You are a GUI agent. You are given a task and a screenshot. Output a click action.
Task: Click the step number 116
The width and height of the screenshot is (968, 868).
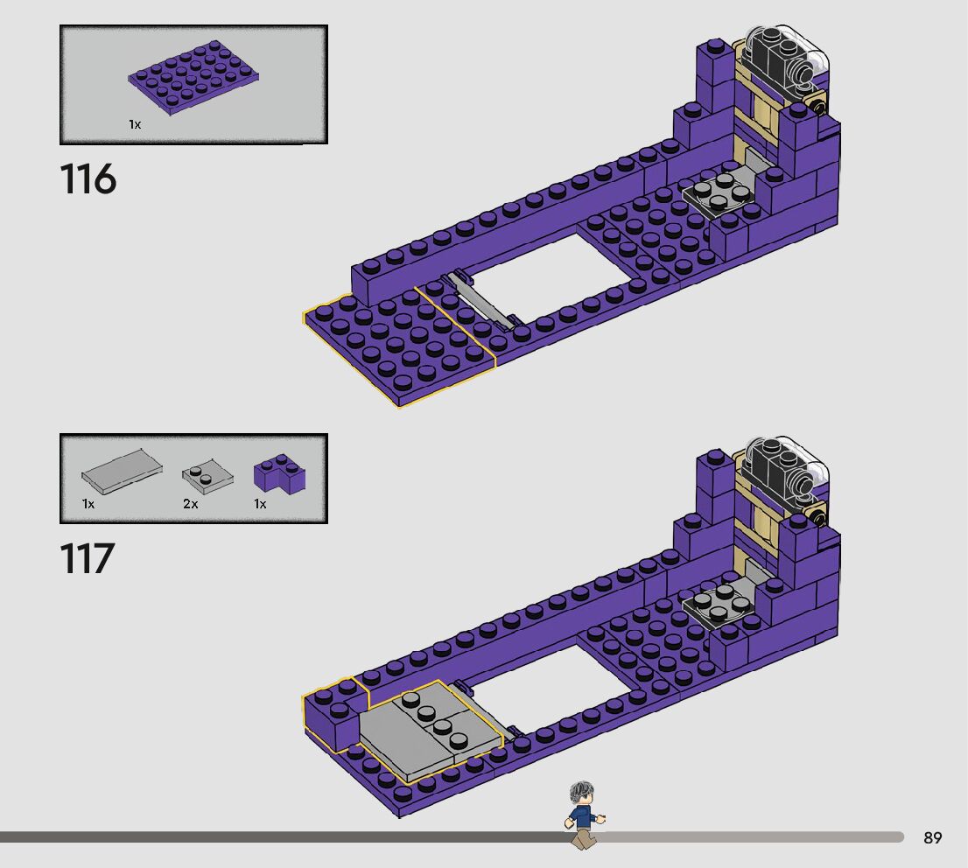click(88, 179)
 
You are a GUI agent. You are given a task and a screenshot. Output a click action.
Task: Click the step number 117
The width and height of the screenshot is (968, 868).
click(87, 558)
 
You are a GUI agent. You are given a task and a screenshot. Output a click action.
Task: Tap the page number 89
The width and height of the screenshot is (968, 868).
click(933, 837)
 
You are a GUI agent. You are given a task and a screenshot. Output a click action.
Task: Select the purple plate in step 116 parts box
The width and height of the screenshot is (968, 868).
click(193, 76)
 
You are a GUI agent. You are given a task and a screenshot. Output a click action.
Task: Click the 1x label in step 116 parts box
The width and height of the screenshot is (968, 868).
click(135, 125)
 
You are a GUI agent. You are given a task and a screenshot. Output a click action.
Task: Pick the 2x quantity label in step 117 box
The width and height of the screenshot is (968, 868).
click(190, 504)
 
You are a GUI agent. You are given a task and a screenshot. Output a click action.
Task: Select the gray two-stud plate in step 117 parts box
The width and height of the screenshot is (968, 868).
click(208, 476)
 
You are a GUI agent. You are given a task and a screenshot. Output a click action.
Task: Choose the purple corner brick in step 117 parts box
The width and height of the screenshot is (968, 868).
click(280, 472)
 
